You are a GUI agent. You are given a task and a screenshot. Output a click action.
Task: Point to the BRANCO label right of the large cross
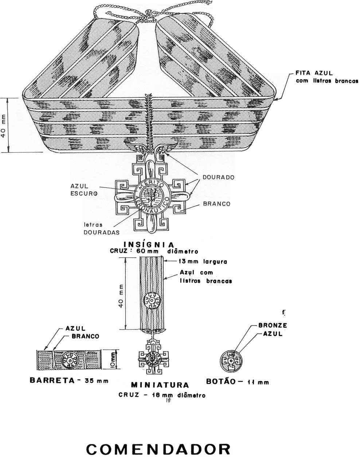pyautogui.click(x=216, y=204)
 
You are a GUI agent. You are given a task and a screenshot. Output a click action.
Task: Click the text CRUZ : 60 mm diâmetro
pyautogui.click(x=154, y=251)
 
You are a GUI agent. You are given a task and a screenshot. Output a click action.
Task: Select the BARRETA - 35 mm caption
pyautogui.click(x=69, y=381)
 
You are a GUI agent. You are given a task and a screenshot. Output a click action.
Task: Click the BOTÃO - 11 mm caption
pyautogui.click(x=238, y=382)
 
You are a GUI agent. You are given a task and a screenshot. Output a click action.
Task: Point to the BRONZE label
pyautogui.click(x=273, y=325)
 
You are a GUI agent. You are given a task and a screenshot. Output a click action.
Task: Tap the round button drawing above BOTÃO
pyautogui.click(x=231, y=360)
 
